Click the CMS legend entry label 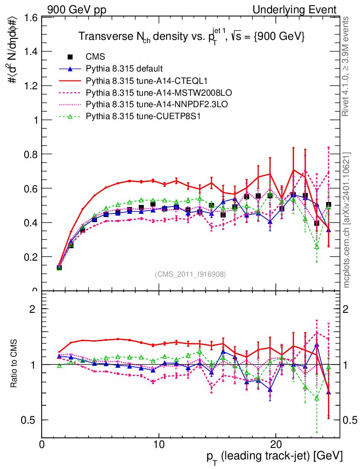(96, 57)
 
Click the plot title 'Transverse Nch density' (191, 37)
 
